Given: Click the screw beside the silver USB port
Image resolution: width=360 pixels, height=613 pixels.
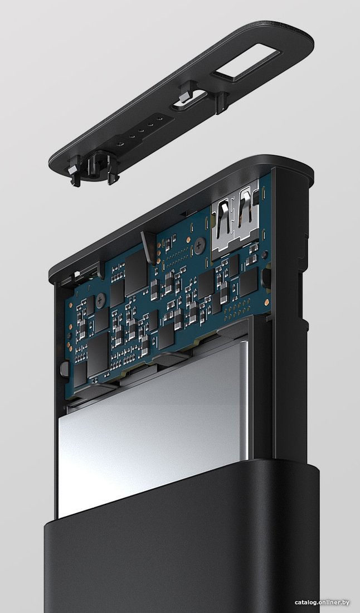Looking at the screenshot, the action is (x=200, y=246).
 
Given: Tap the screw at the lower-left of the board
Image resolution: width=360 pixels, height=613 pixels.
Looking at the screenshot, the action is (x=101, y=300).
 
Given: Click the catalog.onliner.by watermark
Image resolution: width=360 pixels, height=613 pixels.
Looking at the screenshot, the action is (x=322, y=602).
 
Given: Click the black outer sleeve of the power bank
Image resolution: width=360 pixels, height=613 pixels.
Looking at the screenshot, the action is (x=182, y=539).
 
